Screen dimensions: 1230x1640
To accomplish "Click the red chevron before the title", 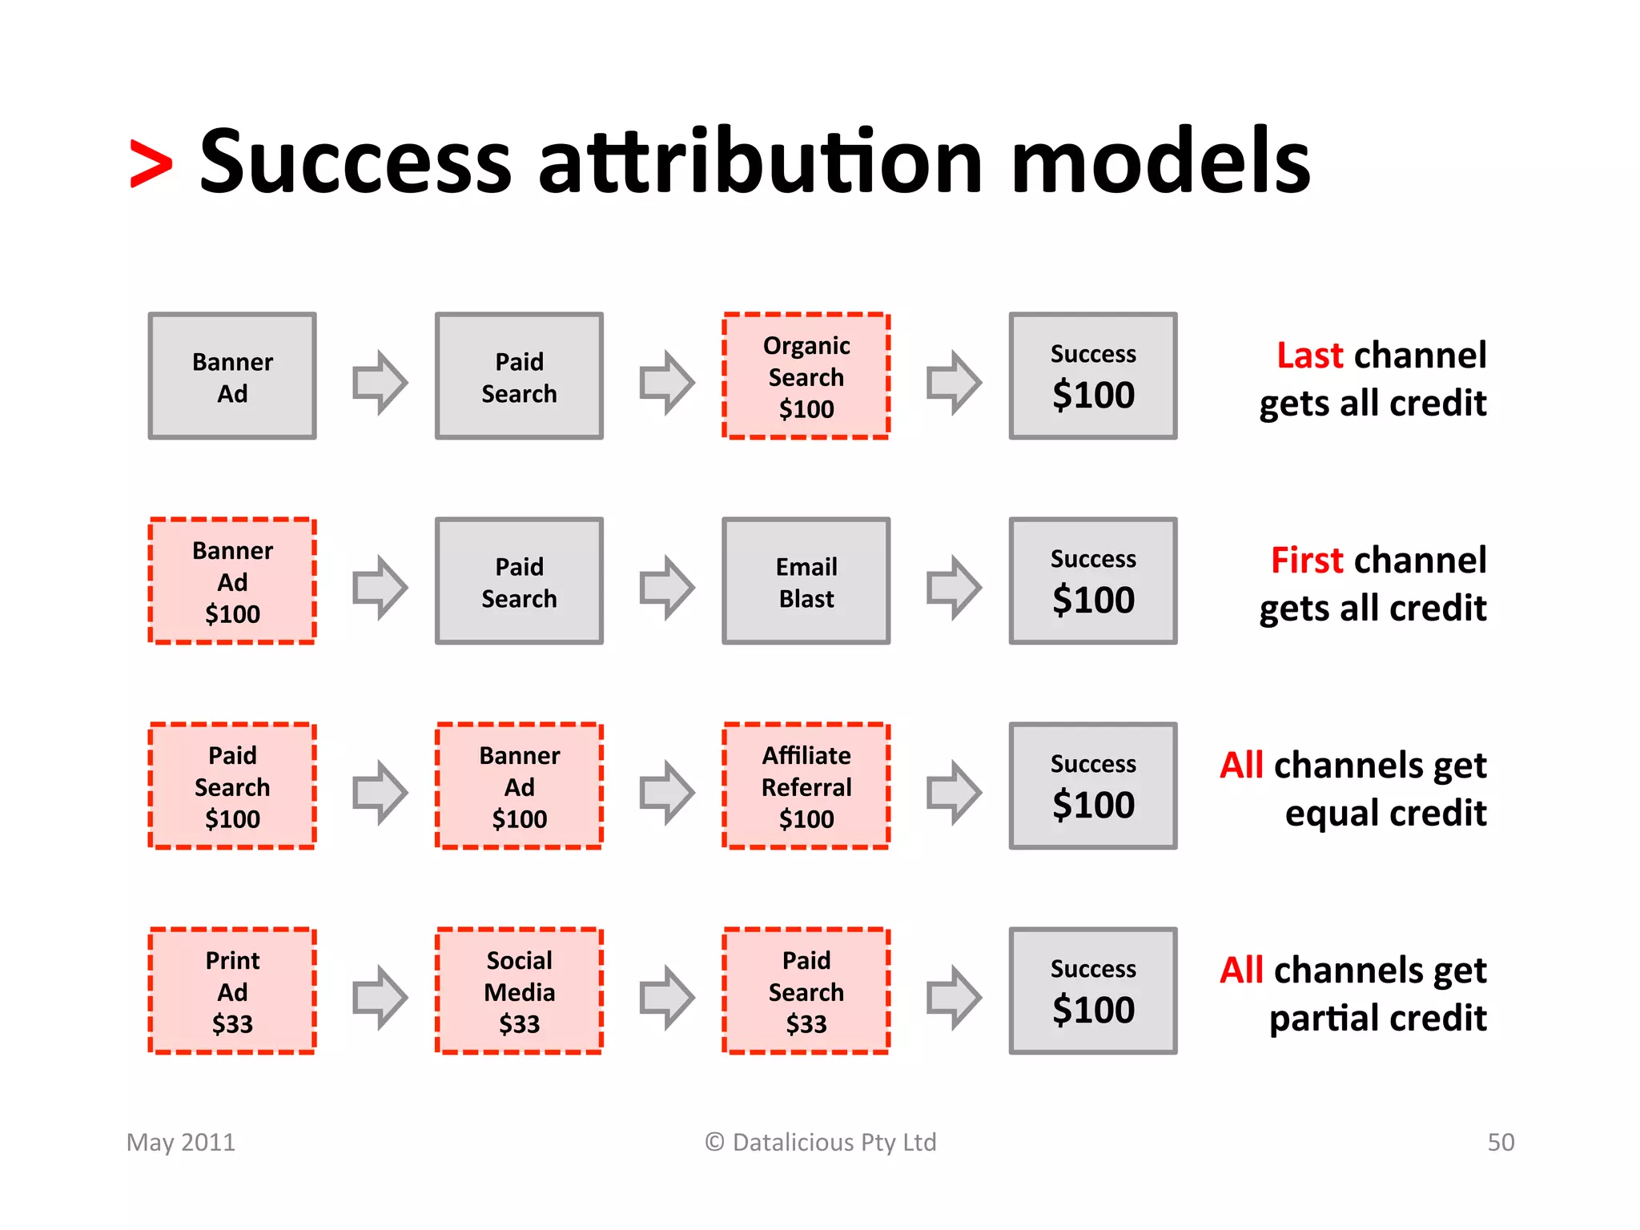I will point(151,164).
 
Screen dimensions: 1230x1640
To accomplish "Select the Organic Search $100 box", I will point(806,376).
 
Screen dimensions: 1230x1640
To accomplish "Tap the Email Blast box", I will point(806,581).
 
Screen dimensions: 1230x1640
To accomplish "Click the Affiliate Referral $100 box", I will point(806,786).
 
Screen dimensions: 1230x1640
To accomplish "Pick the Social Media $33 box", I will point(519,991).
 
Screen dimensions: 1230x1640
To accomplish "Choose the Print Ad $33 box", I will point(232,991).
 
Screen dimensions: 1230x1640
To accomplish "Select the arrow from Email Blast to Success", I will point(953,587).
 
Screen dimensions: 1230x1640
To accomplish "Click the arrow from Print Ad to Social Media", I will point(380,997).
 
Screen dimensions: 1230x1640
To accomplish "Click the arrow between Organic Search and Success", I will point(953,382).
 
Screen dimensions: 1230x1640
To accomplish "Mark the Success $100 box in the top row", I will point(1092,376).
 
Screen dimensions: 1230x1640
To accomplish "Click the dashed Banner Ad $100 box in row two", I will point(232,581).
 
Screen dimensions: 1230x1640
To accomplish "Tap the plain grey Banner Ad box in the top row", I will point(232,376).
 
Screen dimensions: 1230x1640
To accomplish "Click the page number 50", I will point(1500,1142).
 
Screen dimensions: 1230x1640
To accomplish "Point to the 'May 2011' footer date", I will point(181,1142).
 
